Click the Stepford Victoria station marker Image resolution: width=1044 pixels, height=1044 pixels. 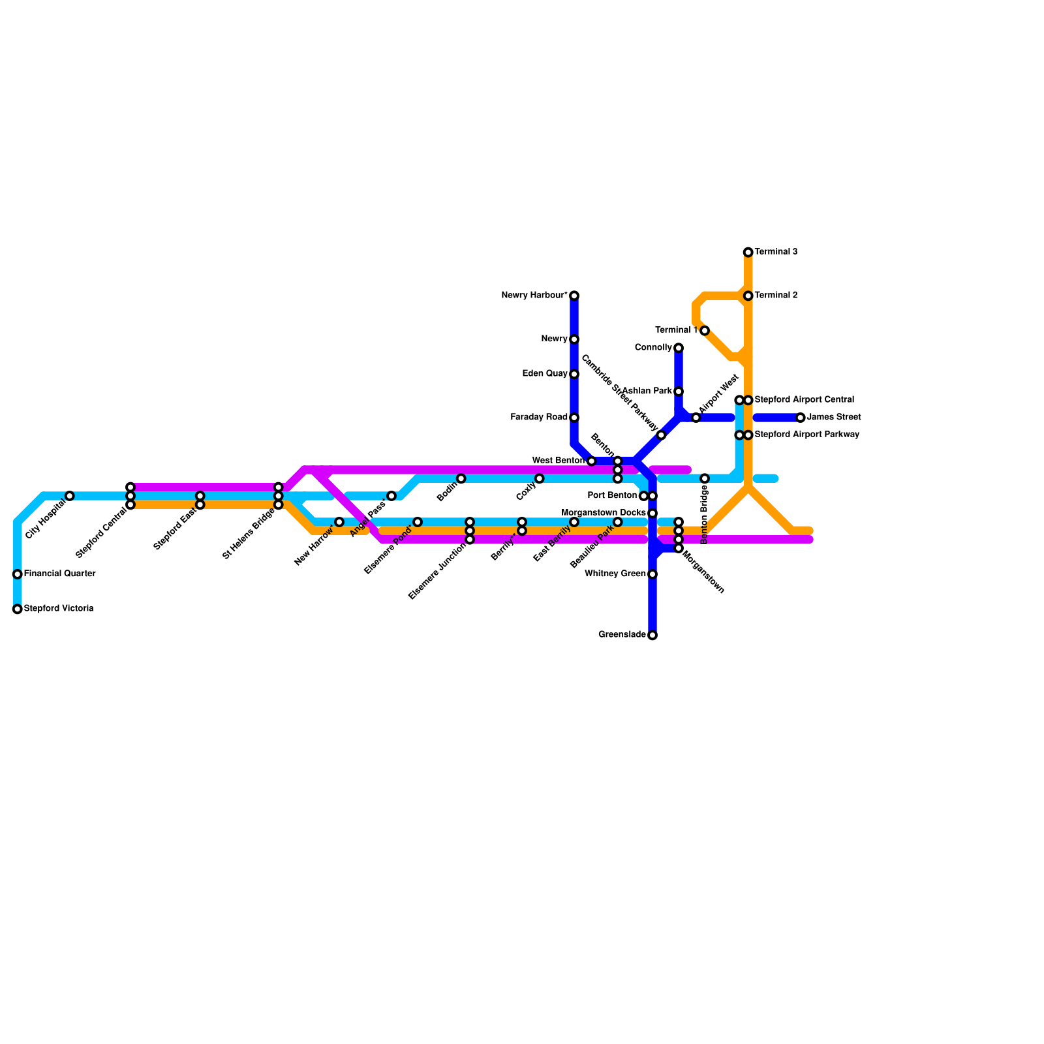coord(18,609)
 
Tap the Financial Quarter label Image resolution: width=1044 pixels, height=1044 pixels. coord(59,574)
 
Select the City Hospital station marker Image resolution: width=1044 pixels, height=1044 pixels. coord(70,496)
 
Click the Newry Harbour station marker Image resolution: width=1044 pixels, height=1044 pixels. coord(574,296)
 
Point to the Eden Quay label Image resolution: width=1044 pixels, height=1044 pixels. coord(545,374)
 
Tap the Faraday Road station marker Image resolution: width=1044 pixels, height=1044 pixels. coord(574,418)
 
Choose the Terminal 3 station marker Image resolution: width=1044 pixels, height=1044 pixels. coord(748,253)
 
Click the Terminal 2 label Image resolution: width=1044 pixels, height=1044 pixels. coord(776,296)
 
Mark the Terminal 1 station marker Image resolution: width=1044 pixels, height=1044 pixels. coord(705,331)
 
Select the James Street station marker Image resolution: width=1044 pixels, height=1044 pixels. coord(801,418)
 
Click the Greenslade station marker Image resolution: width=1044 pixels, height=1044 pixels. coord(652,636)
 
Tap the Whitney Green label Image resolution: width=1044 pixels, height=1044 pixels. coord(615,574)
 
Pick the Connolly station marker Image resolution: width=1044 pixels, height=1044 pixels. coord(679,348)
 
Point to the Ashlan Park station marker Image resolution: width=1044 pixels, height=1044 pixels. coord(679,391)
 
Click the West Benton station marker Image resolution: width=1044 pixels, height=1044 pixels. coord(592,461)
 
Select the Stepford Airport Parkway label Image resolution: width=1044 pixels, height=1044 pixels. coord(806,435)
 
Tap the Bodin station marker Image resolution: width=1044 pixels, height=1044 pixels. coord(461,479)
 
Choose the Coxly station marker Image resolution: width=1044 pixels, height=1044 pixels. coord(540,479)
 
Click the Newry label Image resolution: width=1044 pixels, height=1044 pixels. coord(554,339)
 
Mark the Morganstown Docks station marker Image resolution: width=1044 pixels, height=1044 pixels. coord(652,514)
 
